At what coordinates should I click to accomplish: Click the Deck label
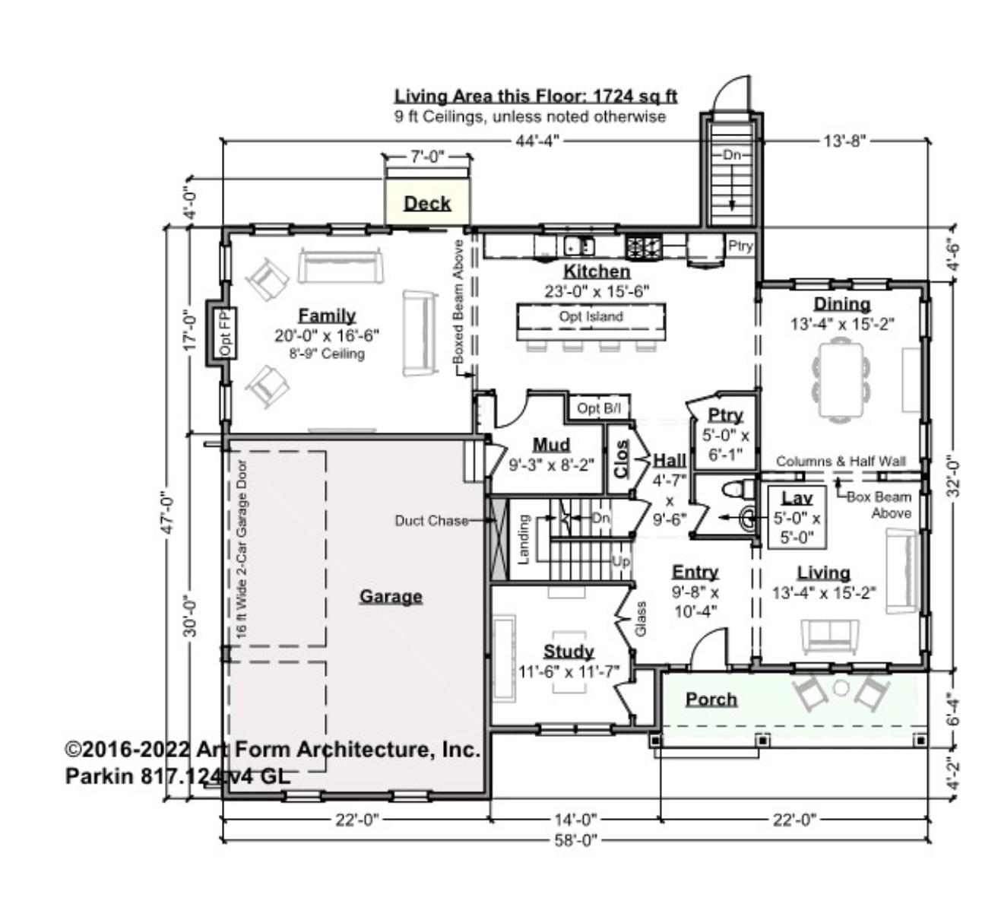point(427,204)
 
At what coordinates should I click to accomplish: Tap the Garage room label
point(391,596)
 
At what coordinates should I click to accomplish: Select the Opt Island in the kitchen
point(591,317)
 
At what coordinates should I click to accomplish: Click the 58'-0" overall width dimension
point(575,839)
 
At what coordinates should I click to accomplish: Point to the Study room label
point(569,652)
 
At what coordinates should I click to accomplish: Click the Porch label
point(711,699)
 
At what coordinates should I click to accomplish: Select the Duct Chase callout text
point(431,521)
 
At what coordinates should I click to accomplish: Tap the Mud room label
point(551,445)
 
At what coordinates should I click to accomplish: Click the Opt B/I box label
point(599,409)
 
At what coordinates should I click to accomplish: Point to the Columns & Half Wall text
point(841,462)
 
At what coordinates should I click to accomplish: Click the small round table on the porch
point(841,688)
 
